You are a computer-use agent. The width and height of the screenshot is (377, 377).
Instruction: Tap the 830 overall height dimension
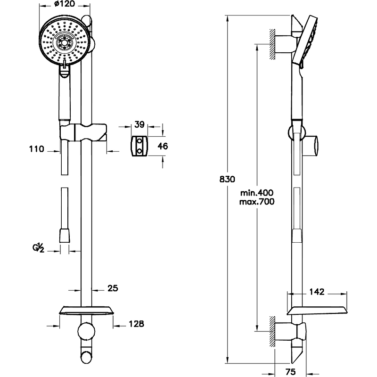[227, 179]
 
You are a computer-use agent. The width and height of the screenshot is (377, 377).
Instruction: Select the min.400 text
[256, 193]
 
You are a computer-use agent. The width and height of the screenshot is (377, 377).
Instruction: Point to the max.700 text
[257, 201]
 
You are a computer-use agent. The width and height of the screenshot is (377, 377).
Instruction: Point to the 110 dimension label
[36, 149]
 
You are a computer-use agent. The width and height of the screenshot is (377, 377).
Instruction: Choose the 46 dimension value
[163, 146]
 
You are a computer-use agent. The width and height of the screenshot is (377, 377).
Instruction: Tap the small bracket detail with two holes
[139, 146]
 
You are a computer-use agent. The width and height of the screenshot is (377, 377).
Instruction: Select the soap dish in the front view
[86, 311]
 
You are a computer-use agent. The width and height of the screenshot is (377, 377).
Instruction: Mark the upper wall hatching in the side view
[272, 45]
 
